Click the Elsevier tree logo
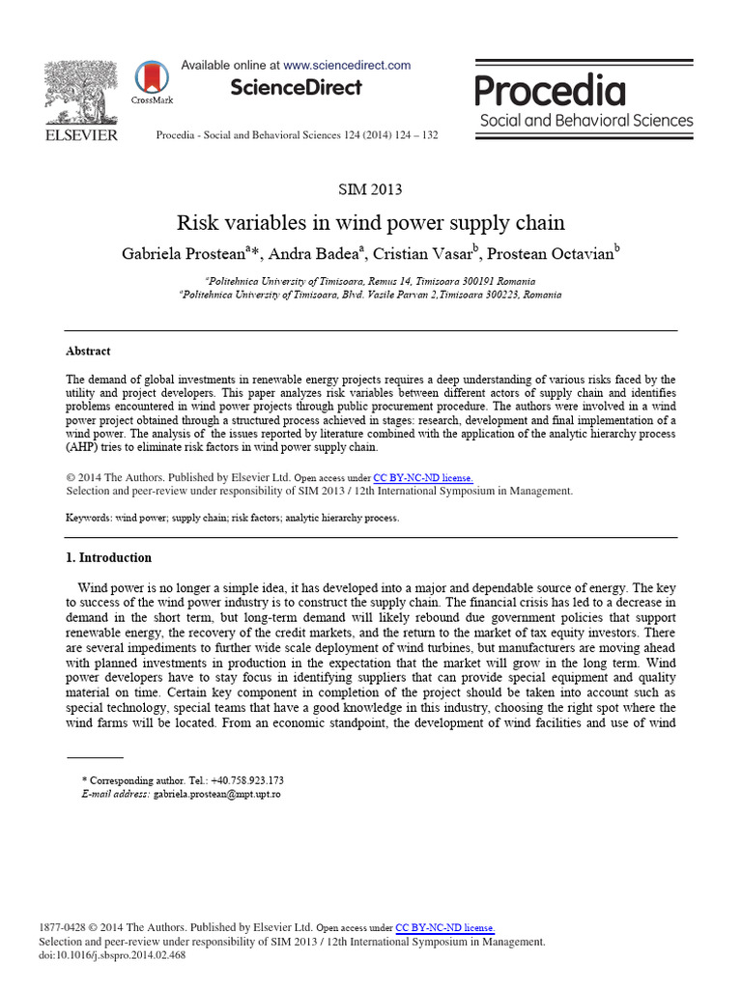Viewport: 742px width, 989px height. coord(81,94)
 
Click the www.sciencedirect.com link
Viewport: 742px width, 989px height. coord(348,66)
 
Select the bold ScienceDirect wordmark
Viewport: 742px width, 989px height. coord(296,88)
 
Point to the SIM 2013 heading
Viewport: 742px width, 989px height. coord(370,189)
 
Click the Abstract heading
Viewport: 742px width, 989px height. coord(88,352)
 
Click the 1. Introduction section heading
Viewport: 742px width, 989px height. coord(108,558)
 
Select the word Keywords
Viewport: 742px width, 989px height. coord(88,518)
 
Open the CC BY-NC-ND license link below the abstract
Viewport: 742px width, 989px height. coord(423,478)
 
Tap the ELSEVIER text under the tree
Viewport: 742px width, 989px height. coord(82,135)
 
